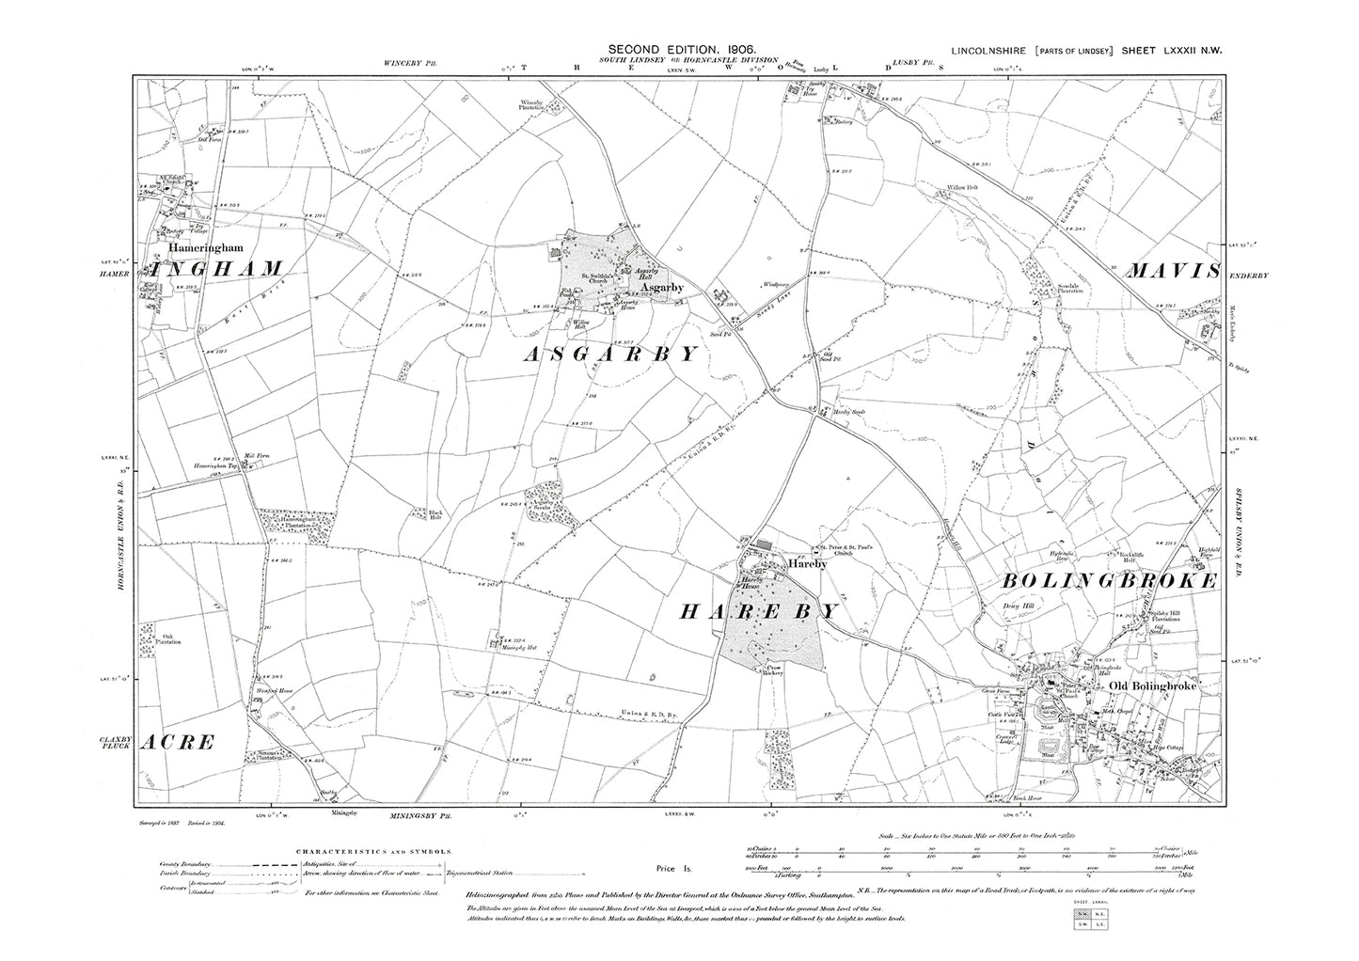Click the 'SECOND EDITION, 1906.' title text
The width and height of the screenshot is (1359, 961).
coord(681,48)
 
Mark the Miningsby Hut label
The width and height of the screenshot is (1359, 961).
coord(517,648)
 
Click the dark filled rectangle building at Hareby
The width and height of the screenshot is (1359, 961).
coord(763,544)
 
